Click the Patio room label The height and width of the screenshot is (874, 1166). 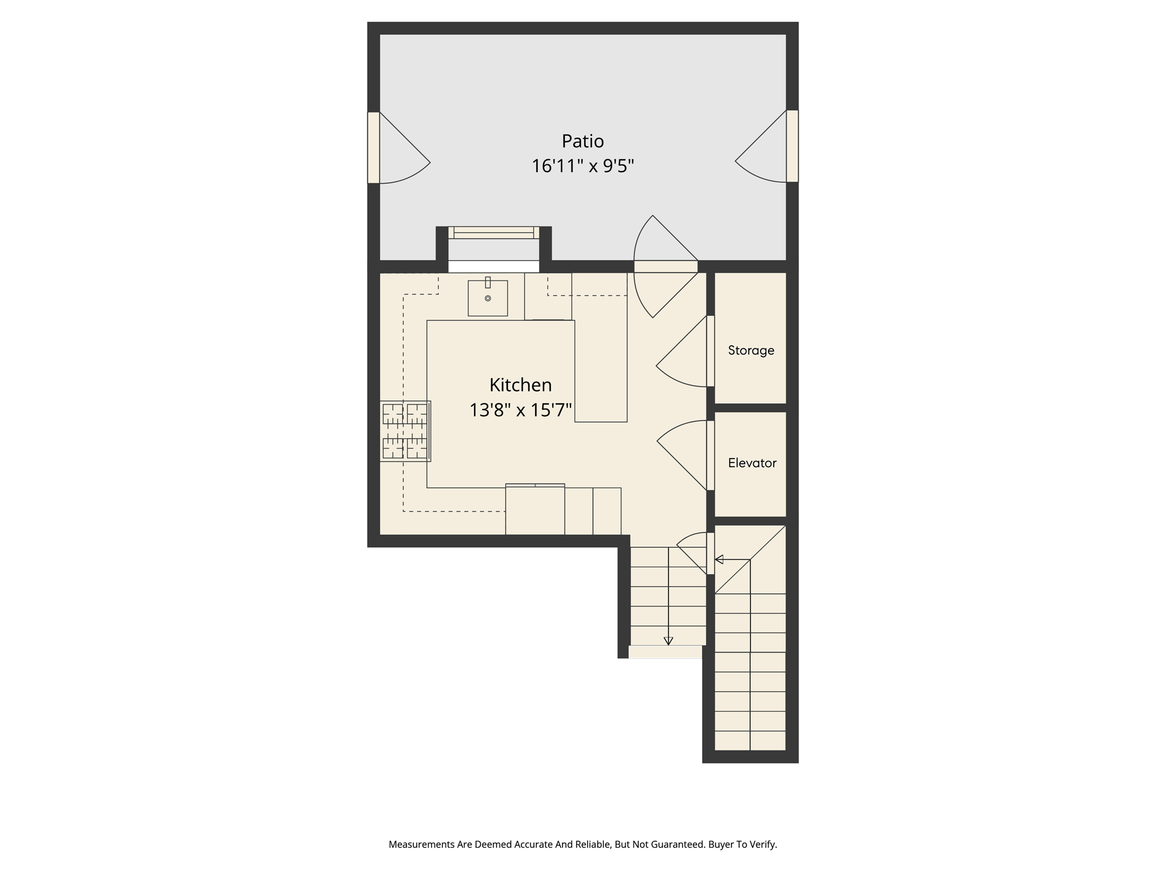click(x=582, y=141)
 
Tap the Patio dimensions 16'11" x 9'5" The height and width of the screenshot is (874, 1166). click(x=582, y=166)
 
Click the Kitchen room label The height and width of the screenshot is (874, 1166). click(x=520, y=385)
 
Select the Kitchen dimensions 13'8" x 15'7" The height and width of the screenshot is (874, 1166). click(x=520, y=410)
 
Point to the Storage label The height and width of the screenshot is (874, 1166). click(x=751, y=351)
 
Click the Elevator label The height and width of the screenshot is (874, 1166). click(x=752, y=463)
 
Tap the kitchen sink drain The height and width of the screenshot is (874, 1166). click(x=488, y=298)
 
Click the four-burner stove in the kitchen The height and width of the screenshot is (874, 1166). click(x=405, y=431)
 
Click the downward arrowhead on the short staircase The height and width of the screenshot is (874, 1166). click(x=668, y=641)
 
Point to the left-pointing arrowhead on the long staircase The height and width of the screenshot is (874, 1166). click(x=719, y=559)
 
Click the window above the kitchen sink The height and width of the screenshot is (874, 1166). click(x=494, y=233)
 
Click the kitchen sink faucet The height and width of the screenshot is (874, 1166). click(x=488, y=282)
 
